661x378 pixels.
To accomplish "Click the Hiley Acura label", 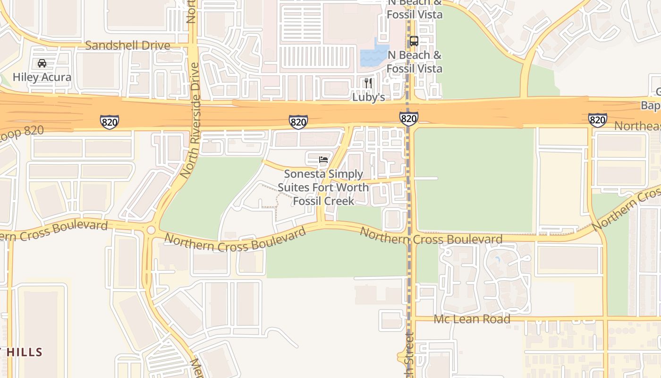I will pyautogui.click(x=42, y=77).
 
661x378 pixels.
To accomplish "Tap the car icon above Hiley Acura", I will pyautogui.click(x=42, y=63).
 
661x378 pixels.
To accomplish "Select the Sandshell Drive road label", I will pyautogui.click(x=127, y=45).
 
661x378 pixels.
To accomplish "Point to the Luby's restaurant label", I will pyautogui.click(x=369, y=97).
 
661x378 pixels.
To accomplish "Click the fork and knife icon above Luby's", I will pyautogui.click(x=368, y=84).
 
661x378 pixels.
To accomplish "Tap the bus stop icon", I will pyautogui.click(x=414, y=41).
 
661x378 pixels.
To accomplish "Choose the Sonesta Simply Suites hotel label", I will pyautogui.click(x=323, y=188).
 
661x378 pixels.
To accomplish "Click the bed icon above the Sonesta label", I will pyautogui.click(x=323, y=160).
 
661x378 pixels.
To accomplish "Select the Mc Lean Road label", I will pyautogui.click(x=472, y=319).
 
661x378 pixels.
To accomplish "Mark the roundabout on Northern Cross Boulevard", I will pyautogui.click(x=151, y=230).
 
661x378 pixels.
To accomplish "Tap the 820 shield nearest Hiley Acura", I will pyautogui.click(x=109, y=121).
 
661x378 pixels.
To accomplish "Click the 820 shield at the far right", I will pyautogui.click(x=597, y=120).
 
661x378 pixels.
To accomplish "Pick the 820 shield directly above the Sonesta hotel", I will pyautogui.click(x=298, y=122).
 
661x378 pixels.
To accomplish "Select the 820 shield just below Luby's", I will pyautogui.click(x=408, y=118).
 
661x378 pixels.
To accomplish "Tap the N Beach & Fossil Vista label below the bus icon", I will pyautogui.click(x=415, y=62).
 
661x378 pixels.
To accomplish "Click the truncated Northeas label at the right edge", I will pyautogui.click(x=637, y=127).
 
